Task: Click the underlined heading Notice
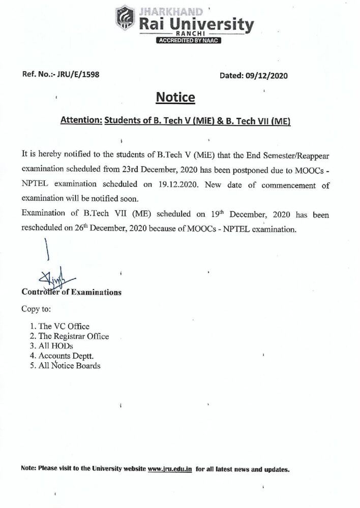click(x=175, y=97)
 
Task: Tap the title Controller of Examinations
click(x=71, y=292)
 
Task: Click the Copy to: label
click(x=36, y=309)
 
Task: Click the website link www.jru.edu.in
click(x=169, y=469)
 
